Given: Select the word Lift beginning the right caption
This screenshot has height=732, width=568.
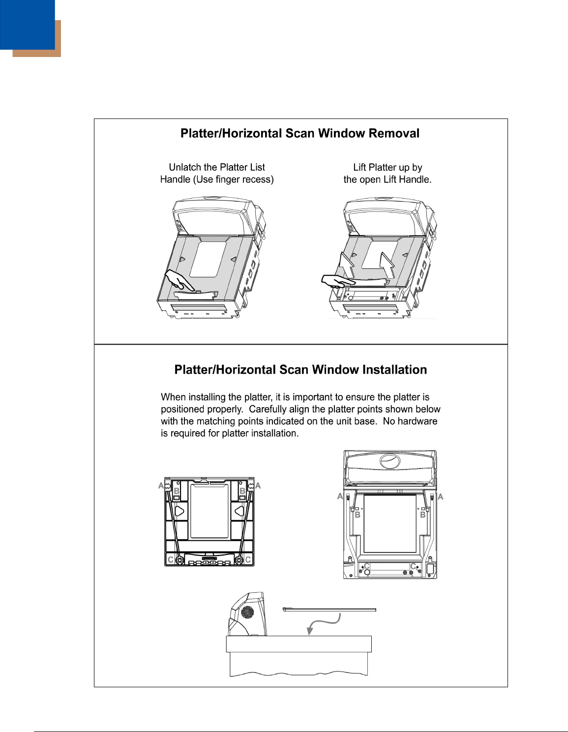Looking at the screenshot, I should coord(359,168).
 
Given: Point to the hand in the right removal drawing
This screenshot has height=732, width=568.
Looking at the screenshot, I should coord(336,280).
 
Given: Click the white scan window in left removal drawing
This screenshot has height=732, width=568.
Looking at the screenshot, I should coord(208,259).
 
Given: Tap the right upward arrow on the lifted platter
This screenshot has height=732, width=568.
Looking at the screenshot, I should coord(387,265).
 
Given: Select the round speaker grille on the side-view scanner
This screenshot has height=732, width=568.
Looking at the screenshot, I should coord(248,613).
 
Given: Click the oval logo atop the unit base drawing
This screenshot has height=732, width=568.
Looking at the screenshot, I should coord(390,461).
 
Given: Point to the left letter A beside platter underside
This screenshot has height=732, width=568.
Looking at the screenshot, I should coord(161,486).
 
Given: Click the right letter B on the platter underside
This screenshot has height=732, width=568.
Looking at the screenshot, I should coord(242,491).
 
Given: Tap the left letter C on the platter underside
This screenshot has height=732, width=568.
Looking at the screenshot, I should coord(171,560).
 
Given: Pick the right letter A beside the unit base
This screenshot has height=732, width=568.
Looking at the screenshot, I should coord(441,497).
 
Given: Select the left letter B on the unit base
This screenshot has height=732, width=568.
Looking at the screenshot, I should coord(358,515).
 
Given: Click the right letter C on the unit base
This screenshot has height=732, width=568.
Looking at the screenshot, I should coord(414,566).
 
